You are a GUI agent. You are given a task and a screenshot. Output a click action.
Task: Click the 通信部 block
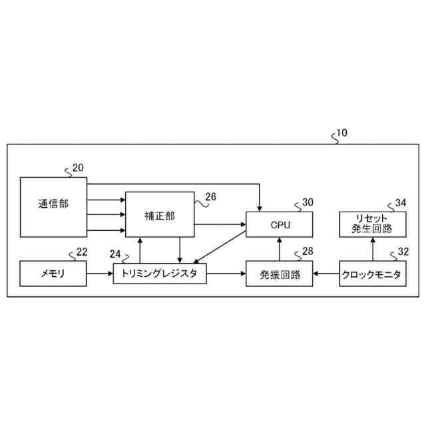53,206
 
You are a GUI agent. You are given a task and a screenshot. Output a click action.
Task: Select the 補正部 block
159,216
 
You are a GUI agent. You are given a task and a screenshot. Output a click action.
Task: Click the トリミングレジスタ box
160,274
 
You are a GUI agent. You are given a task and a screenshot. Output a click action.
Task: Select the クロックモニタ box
371,274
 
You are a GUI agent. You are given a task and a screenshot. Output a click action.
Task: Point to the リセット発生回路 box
371,224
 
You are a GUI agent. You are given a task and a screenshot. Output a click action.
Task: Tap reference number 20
78,168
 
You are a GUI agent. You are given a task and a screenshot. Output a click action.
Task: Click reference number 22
82,252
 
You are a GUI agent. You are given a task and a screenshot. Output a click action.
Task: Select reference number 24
116,254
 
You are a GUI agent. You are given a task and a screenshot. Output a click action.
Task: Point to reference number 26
211,196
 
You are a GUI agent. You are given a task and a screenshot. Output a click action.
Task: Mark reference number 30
308,202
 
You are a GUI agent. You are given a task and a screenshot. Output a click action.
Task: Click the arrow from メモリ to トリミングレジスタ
100,274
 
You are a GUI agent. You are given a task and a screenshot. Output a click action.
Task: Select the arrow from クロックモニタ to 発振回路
325,274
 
